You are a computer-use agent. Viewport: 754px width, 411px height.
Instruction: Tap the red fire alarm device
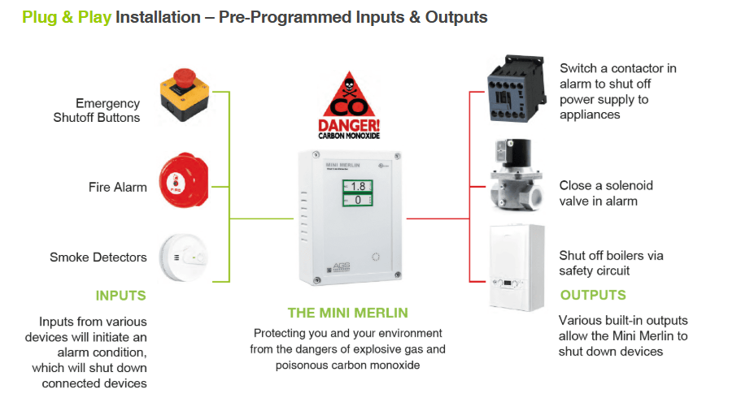[185, 184]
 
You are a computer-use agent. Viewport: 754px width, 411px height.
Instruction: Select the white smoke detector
[185, 257]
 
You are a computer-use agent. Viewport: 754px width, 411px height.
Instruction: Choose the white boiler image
[515, 267]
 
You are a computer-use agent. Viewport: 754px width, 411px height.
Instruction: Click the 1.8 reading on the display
[358, 186]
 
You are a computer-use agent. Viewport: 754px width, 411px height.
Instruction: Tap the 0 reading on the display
[358, 200]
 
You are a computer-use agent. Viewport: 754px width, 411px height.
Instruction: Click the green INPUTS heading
[121, 295]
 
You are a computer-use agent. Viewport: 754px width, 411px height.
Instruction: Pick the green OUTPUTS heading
[593, 295]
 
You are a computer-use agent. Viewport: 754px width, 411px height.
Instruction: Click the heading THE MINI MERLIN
[348, 313]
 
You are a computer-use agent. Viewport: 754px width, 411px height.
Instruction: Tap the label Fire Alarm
[118, 187]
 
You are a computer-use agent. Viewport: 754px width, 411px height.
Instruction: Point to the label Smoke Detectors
[98, 257]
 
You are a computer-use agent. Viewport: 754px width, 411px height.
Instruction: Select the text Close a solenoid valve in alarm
[606, 193]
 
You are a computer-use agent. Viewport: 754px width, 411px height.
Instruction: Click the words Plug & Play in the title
[67, 16]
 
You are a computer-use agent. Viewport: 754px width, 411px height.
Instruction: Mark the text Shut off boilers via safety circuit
[611, 262]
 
